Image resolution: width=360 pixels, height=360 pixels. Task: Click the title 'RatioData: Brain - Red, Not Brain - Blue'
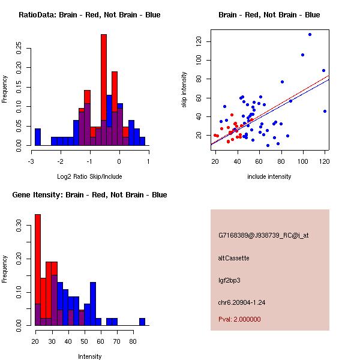coord(89,15)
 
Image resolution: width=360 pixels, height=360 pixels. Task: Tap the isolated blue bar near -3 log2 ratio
coord(38,137)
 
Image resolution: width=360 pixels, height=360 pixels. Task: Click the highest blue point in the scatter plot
coord(310,35)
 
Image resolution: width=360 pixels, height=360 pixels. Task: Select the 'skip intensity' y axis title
coord(185,90)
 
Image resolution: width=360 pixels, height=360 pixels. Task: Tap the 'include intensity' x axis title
coord(269,176)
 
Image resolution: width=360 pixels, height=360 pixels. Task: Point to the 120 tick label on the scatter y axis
coord(197,41)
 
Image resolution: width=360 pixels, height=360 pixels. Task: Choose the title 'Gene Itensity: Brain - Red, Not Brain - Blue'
coord(89,195)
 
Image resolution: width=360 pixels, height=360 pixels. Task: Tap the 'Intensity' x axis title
coord(89,356)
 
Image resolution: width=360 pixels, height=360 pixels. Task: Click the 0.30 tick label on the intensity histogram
coord(18,227)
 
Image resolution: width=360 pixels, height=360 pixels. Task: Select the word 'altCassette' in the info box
coord(234,258)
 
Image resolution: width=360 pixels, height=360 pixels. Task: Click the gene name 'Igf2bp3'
coord(230,280)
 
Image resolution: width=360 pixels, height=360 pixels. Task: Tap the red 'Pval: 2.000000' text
coord(239,319)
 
